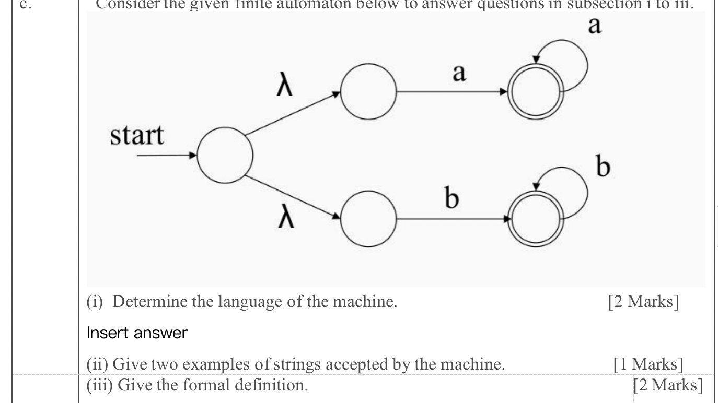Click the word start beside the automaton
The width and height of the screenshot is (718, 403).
point(136,135)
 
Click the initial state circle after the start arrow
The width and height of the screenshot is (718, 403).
point(225,155)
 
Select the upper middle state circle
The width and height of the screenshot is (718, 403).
point(368,92)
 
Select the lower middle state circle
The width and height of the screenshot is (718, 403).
point(368,218)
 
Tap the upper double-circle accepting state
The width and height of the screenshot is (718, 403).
point(535,92)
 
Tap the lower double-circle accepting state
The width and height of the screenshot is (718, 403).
point(535,218)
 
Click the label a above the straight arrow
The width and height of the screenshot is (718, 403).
point(458,74)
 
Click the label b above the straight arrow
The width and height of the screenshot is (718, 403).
point(452,199)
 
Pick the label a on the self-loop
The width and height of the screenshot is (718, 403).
point(595,25)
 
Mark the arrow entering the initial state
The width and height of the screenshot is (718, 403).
point(167,155)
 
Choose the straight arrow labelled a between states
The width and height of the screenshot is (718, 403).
point(452,92)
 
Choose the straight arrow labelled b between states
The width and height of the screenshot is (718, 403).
point(452,218)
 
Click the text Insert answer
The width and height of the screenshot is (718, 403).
point(136,333)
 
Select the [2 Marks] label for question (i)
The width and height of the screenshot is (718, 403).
point(643,302)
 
